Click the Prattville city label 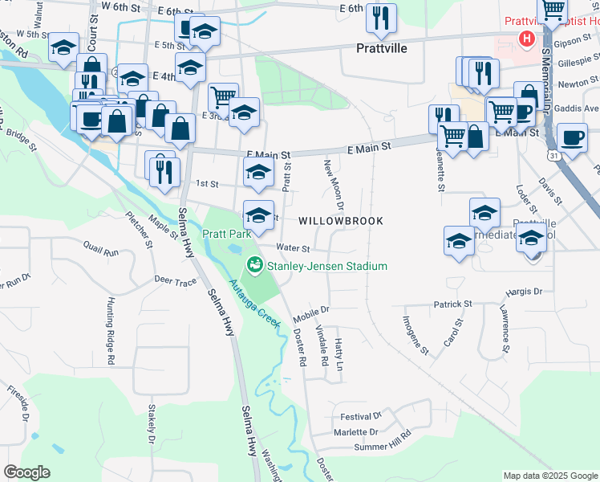click(x=381, y=48)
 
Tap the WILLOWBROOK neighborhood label click(x=340, y=220)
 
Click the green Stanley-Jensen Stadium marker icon click(x=255, y=263)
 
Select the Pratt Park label click(x=226, y=234)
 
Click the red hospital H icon click(x=526, y=38)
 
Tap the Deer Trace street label click(x=175, y=282)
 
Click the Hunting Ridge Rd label click(x=110, y=325)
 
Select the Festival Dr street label click(x=360, y=416)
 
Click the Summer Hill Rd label click(x=382, y=446)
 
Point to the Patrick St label click(x=452, y=304)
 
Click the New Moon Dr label click(x=334, y=185)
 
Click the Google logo click(x=27, y=472)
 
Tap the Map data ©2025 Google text click(x=549, y=476)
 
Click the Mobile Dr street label click(x=311, y=309)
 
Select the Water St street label click(x=293, y=248)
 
